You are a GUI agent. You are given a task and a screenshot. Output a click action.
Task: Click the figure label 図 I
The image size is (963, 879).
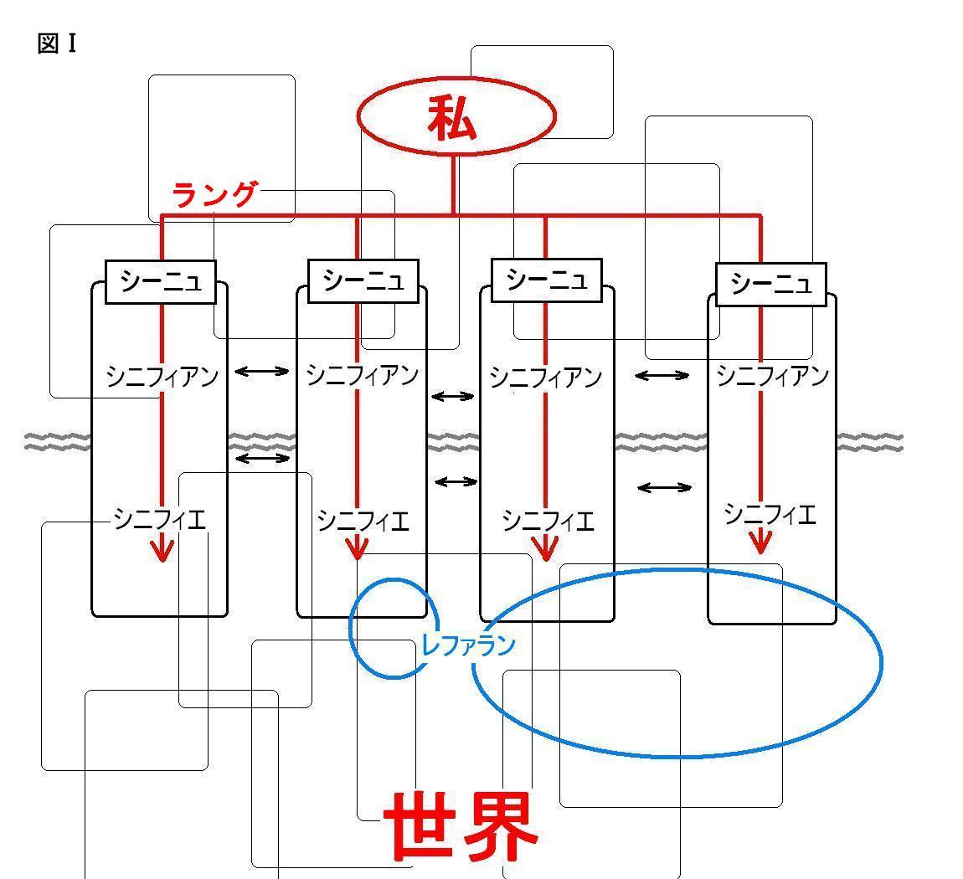57,44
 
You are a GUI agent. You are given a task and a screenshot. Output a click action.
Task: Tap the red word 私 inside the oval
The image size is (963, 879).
452,118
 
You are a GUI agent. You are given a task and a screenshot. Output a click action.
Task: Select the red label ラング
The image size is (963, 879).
214,195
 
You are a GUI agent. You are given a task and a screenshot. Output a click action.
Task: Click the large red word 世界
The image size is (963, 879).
460,827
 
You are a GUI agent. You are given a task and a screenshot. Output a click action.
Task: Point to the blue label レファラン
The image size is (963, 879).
467,645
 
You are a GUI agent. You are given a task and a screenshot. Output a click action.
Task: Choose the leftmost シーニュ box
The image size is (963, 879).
161,281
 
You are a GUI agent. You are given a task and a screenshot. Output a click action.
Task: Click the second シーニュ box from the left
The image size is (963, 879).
363,280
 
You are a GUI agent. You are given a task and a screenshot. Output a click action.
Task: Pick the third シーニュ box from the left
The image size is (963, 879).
546,280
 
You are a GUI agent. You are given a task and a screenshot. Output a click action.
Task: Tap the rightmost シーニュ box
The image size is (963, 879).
770,285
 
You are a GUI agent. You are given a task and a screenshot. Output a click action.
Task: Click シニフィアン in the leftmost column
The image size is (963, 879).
162,376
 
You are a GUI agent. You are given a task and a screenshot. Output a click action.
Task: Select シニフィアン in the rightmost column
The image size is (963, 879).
772,376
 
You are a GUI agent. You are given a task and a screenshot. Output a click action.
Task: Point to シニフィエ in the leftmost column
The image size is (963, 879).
159,520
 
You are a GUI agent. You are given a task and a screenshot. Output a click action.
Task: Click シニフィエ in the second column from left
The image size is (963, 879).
363,522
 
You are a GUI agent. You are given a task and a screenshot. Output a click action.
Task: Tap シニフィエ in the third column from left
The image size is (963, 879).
548,521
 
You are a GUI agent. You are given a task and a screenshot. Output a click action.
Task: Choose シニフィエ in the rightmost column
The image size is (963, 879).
770,513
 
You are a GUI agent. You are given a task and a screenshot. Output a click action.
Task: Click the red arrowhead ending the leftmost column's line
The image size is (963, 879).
162,552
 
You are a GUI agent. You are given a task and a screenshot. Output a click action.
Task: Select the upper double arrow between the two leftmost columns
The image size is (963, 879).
261,371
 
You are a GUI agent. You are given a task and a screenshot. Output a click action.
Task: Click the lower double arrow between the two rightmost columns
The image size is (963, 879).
664,487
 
